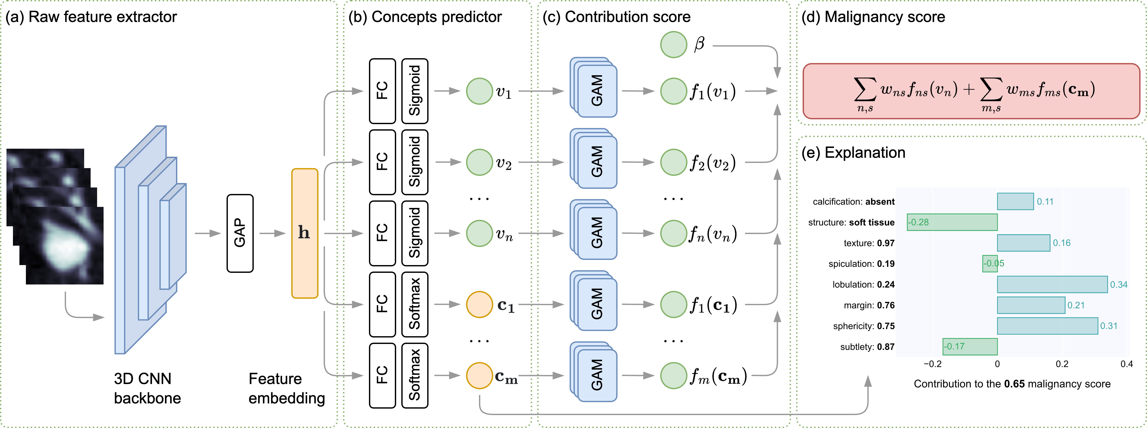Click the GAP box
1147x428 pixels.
tap(240, 233)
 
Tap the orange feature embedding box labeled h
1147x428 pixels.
tap(304, 233)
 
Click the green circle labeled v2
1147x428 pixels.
tap(479, 162)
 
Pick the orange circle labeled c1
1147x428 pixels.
tap(479, 304)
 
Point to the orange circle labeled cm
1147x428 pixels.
tap(479, 376)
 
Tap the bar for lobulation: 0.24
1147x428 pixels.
tap(1052, 284)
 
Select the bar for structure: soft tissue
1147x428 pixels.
tap(952, 222)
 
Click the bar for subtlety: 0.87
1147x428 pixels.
tap(970, 347)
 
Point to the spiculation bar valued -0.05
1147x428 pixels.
tap(990, 263)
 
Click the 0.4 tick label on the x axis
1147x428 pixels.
tap(1127, 364)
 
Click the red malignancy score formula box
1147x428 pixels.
tap(971, 91)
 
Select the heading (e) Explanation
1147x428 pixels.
tap(853, 153)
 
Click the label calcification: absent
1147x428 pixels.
tap(854, 201)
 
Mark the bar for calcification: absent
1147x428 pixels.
tap(1015, 201)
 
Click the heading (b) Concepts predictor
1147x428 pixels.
tap(425, 17)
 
